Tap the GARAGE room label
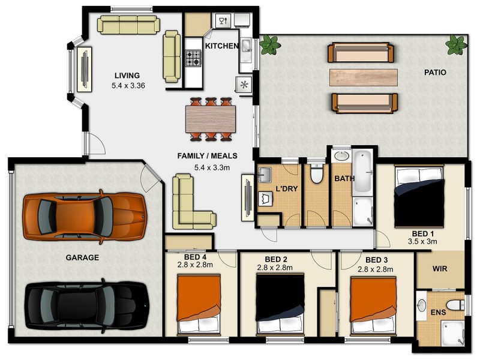coord(83,257)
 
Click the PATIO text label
coord(435,72)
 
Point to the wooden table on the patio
coord(363,76)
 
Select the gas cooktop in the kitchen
coord(193,58)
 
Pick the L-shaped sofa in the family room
coord(190,204)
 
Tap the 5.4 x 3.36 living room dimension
coord(128,86)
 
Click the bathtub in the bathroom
coord(362,172)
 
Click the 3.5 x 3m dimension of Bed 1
coord(422,241)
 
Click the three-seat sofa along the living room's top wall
coord(129,25)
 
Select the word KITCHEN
coord(222,46)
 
